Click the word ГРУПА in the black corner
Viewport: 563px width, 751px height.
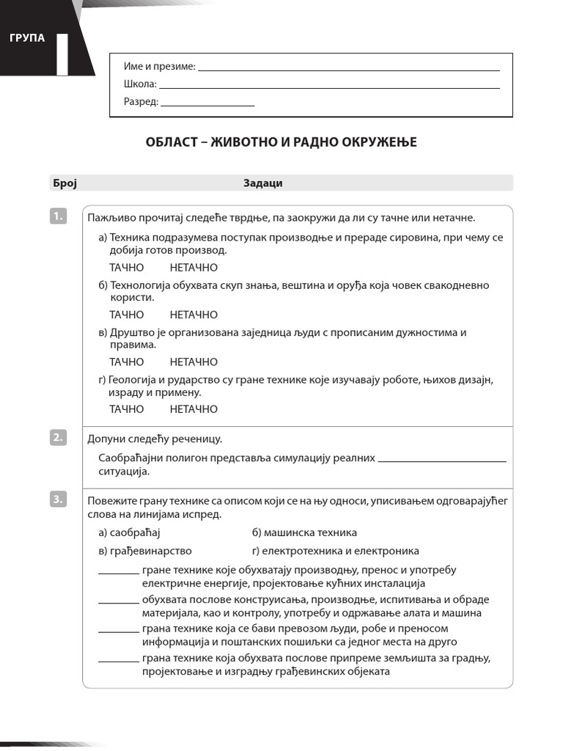point(27,38)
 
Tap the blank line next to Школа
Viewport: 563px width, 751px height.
point(329,87)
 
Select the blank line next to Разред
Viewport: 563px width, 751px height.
point(207,104)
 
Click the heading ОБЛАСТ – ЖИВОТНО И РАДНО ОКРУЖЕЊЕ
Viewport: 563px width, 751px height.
point(281,142)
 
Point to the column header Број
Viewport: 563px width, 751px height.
point(65,183)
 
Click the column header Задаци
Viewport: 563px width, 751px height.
point(262,183)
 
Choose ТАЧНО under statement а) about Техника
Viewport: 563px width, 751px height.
point(127,268)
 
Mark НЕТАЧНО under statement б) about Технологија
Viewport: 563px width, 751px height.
point(194,315)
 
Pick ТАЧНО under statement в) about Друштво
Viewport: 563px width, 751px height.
point(127,362)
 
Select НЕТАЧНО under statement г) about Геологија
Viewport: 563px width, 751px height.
point(194,409)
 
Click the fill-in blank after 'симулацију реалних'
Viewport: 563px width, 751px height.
point(442,460)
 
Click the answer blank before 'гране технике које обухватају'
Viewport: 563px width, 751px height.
point(118,572)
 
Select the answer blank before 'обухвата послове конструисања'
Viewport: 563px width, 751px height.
point(118,601)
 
